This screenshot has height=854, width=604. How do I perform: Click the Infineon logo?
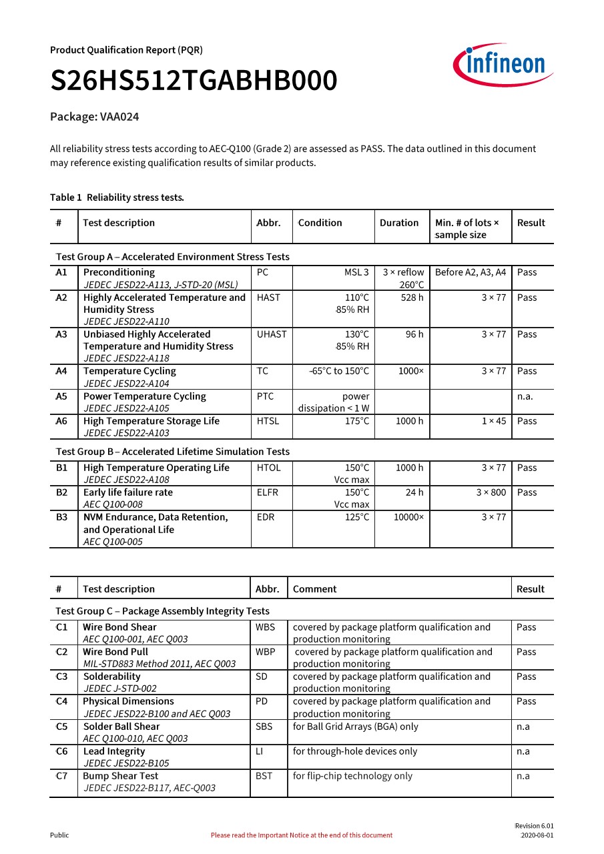[x=503, y=65]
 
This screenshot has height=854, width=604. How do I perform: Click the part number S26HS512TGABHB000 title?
[x=194, y=81]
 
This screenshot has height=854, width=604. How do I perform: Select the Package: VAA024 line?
[x=94, y=117]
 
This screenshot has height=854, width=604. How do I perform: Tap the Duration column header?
[x=399, y=223]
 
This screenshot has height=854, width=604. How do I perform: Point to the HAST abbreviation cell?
[x=268, y=298]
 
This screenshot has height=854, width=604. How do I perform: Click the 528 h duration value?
[x=412, y=298]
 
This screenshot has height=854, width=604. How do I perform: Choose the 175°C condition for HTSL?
[x=356, y=421]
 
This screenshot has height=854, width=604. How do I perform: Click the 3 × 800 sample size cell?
[x=491, y=492]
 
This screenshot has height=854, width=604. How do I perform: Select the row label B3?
[x=62, y=517]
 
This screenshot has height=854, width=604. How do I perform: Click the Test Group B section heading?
[x=172, y=452]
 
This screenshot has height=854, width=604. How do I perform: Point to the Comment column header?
[x=314, y=589]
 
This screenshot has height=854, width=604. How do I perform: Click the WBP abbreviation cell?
[x=265, y=652]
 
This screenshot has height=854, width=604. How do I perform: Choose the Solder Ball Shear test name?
[x=121, y=727]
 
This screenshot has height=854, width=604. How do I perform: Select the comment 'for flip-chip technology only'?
[x=352, y=776]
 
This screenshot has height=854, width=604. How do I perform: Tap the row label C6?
[x=62, y=751]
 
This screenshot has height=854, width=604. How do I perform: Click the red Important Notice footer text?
[x=302, y=835]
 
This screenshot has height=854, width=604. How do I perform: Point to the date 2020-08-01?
[x=537, y=835]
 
